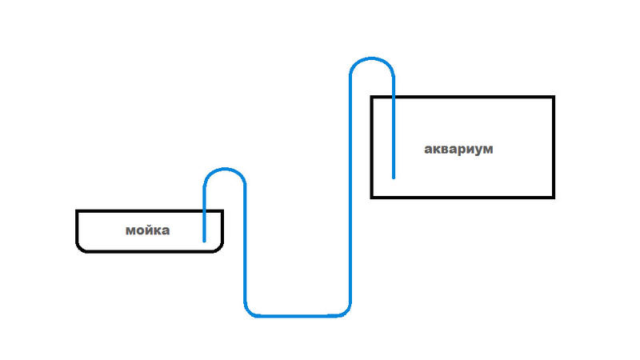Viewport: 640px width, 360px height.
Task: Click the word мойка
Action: point(148,231)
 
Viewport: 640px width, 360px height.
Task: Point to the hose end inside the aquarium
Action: point(394,177)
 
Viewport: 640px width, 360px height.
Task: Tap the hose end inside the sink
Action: point(204,241)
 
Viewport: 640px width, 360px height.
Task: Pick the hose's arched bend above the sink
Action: point(224,170)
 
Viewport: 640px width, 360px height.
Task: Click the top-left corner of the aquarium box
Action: point(372,98)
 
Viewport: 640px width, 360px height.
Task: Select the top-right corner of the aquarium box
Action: point(553,98)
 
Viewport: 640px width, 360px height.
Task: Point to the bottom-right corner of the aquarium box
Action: point(553,196)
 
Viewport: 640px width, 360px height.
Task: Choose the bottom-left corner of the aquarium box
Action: point(372,196)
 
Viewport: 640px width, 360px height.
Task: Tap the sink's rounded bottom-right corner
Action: point(219,247)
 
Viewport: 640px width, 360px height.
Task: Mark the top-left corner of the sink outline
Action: point(78,211)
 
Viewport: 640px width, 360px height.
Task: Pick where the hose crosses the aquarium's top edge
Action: point(394,98)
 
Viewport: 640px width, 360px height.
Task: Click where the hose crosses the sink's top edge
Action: point(204,211)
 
